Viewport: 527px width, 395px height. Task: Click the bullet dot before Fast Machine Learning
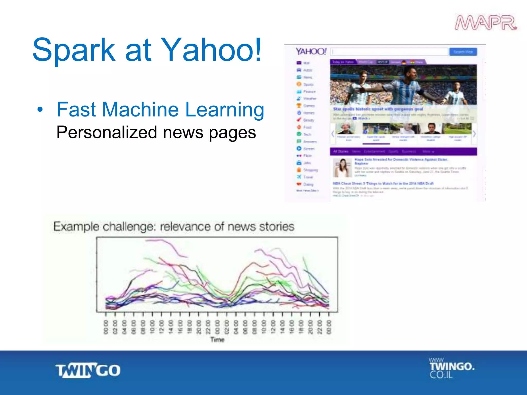tap(40, 110)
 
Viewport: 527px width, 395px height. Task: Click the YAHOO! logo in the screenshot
tap(311, 51)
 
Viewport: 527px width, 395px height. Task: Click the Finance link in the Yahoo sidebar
tap(309, 92)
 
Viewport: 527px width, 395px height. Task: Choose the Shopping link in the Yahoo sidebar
tap(310, 170)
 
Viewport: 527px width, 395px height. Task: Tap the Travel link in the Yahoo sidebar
tap(308, 177)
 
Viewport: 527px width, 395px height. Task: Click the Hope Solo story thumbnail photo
tap(342, 168)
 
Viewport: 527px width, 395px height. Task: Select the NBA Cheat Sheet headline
tap(383, 183)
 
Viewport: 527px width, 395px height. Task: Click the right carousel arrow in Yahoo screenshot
tap(474, 134)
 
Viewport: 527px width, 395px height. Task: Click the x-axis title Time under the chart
tap(217, 340)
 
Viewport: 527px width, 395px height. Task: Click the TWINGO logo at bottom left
tap(88, 370)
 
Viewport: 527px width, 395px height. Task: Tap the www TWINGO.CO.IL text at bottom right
tap(452, 368)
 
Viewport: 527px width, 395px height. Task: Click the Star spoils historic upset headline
tap(378, 109)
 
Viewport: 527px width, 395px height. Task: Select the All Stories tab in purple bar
tap(340, 151)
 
